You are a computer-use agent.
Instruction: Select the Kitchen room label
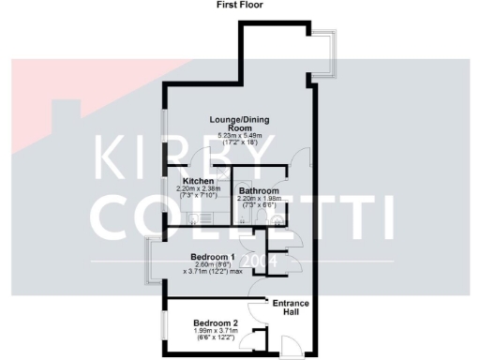pos(199,181)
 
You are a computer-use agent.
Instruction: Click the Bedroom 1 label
pos(212,257)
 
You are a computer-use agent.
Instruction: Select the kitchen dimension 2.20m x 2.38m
pos(199,189)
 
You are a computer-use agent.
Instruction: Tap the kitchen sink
pos(194,217)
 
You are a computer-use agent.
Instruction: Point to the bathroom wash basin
pos(280,217)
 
